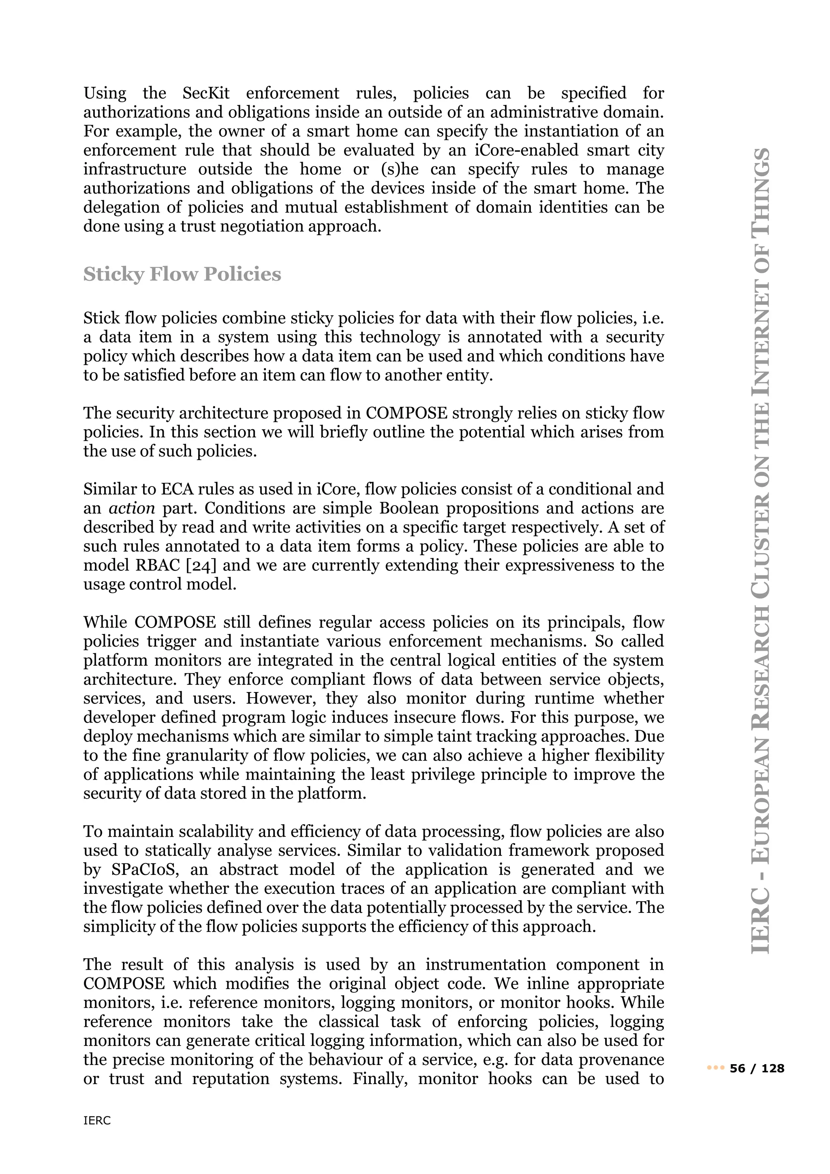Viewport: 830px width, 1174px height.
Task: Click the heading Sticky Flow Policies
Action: [182, 274]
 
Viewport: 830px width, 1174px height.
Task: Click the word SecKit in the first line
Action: [206, 93]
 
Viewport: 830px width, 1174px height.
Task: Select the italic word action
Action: [132, 508]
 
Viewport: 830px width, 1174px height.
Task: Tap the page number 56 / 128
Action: [757, 1068]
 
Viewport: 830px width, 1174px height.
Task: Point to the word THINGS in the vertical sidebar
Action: [762, 189]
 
